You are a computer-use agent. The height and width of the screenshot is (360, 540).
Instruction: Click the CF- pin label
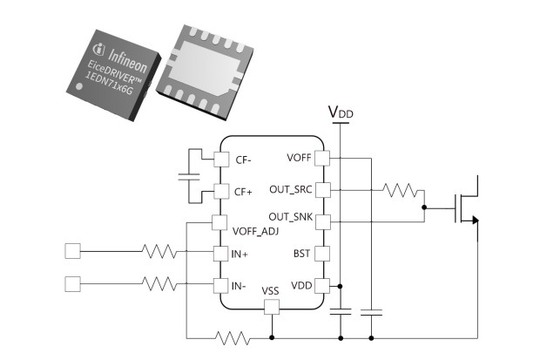pos(244,160)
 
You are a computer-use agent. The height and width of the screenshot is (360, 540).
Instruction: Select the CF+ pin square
pos(221,192)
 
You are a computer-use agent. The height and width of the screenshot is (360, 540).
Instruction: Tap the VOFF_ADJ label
pos(255,231)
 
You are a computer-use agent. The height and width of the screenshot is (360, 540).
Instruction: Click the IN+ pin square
pos(220,254)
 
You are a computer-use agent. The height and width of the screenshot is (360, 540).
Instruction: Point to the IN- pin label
pos(239,286)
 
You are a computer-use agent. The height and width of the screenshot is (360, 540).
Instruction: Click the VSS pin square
pos(272,307)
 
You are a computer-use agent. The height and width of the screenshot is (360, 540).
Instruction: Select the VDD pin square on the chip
pos(322,286)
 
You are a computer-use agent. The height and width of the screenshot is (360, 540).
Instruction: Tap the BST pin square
pos(322,254)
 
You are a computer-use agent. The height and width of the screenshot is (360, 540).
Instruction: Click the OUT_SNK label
pos(291,217)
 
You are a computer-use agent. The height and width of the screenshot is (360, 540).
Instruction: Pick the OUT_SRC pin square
pos(322,190)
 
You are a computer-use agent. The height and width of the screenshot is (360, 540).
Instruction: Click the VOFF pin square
pos(322,158)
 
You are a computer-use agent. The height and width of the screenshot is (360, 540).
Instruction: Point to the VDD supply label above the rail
pos(341,112)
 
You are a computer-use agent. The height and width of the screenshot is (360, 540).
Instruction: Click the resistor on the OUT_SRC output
pos(400,190)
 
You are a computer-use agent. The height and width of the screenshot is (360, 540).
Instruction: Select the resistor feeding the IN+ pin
pos(159,251)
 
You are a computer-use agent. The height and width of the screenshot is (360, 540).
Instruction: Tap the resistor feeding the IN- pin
pos(159,284)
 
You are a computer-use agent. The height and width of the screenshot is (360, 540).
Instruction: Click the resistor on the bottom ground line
pos(233,338)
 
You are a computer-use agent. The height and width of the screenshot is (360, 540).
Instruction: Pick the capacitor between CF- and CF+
pos(189,177)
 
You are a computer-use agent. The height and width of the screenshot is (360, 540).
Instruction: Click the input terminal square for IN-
pos(72,284)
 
